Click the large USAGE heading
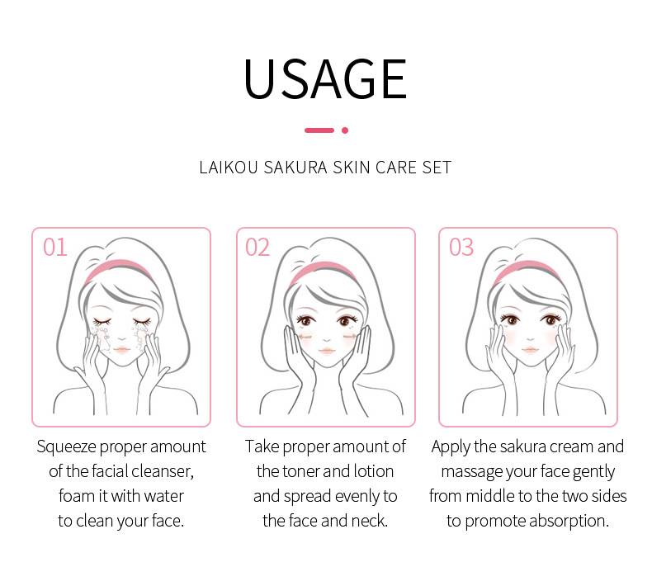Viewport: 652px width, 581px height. click(x=325, y=78)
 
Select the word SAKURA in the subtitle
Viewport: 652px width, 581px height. click(x=295, y=168)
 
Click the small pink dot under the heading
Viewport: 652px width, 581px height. click(x=345, y=130)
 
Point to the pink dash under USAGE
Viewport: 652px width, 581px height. click(x=319, y=130)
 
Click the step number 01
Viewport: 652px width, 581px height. click(x=55, y=248)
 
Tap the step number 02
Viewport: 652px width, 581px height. click(x=257, y=248)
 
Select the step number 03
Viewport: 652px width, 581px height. click(x=461, y=248)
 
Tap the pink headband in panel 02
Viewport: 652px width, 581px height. click(x=323, y=270)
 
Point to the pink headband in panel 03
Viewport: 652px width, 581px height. click(x=527, y=270)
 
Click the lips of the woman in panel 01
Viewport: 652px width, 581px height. click(x=121, y=349)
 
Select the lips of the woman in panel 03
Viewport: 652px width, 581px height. click(x=530, y=350)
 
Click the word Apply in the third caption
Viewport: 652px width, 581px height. click(x=451, y=447)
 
